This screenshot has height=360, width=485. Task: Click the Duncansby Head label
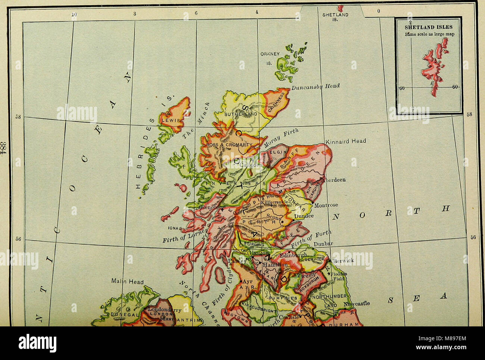(316, 86)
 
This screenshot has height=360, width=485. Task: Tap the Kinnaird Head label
(346, 141)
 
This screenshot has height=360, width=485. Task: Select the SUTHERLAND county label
(241, 114)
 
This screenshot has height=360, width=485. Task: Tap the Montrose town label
(326, 205)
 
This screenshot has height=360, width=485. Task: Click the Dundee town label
(304, 216)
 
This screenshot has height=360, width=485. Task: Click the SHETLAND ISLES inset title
(429, 27)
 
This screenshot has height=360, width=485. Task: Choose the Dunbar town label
(323, 244)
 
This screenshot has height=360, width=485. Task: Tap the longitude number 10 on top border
(74, 14)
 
